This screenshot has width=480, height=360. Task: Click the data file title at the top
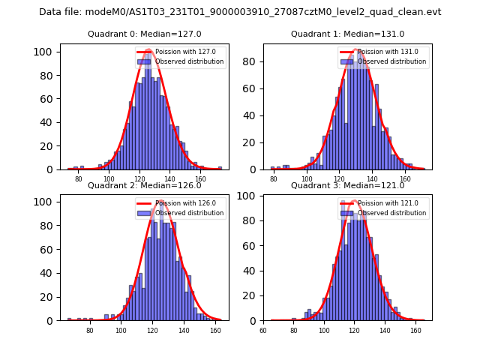pos(240,12)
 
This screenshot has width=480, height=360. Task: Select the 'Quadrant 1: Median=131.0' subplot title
pos(348,34)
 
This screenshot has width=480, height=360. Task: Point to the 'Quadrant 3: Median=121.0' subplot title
pos(348,185)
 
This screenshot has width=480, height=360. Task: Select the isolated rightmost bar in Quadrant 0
pos(220,168)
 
